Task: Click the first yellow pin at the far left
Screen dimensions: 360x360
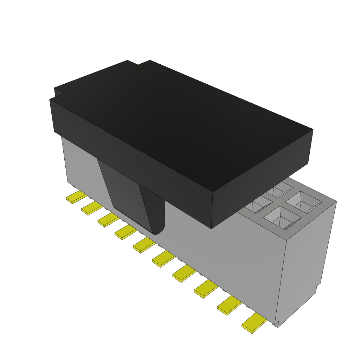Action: point(76,198)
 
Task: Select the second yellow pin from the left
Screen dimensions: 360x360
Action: point(92,208)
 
